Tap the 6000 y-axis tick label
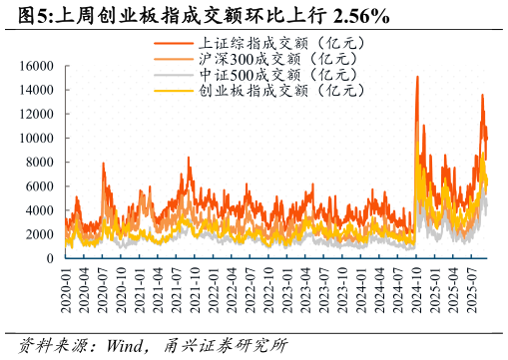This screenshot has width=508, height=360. [x=39, y=186]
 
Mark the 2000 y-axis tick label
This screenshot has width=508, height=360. [x=39, y=234]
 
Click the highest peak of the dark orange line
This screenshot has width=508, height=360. [x=417, y=77]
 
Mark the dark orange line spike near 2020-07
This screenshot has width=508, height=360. [x=103, y=164]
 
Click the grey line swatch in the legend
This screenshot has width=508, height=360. [x=175, y=75]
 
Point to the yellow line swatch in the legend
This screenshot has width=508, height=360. [x=175, y=91]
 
